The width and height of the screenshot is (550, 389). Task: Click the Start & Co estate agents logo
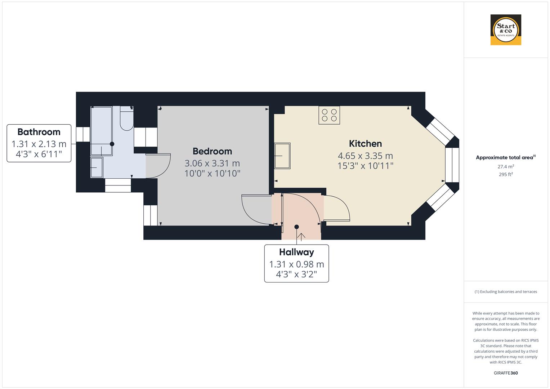(x=505, y=30)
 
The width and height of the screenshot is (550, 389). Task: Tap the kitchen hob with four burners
(x=329, y=115)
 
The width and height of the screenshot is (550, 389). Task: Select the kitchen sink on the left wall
(x=282, y=156)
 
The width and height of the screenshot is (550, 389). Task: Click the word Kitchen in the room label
(x=365, y=144)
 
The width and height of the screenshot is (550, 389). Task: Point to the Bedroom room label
(x=212, y=151)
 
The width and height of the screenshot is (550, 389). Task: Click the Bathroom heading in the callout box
(x=39, y=132)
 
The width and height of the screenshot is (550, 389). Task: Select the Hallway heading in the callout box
(x=296, y=252)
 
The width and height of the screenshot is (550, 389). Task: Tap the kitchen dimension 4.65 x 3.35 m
(x=365, y=156)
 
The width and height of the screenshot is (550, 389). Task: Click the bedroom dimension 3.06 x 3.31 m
(x=212, y=164)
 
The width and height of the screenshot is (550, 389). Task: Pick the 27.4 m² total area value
(x=505, y=166)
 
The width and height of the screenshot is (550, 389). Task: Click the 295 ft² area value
(x=505, y=174)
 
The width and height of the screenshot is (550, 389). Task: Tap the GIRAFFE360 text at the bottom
(x=505, y=373)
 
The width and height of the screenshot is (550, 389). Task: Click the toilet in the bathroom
(x=126, y=119)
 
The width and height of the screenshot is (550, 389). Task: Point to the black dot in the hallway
(x=296, y=227)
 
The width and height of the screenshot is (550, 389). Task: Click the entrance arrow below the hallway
(x=301, y=236)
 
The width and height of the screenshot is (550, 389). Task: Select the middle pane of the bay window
(x=452, y=165)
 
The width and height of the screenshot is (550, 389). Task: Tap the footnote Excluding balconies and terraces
(x=505, y=292)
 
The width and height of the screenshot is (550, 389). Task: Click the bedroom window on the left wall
(x=151, y=215)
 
